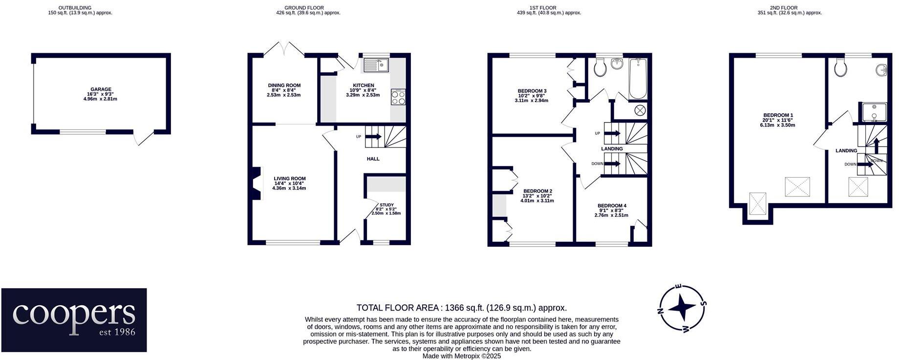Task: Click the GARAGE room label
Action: (x=100, y=90)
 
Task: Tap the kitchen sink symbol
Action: (x=375, y=64)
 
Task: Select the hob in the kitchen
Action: (x=398, y=97)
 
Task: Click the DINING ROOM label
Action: (x=284, y=85)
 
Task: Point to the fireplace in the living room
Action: (x=256, y=184)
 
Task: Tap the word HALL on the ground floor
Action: (x=373, y=159)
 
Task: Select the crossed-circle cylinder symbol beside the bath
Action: (x=640, y=110)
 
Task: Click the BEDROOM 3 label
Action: (x=532, y=91)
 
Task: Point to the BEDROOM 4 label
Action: (x=611, y=206)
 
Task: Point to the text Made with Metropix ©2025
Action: (x=461, y=356)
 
